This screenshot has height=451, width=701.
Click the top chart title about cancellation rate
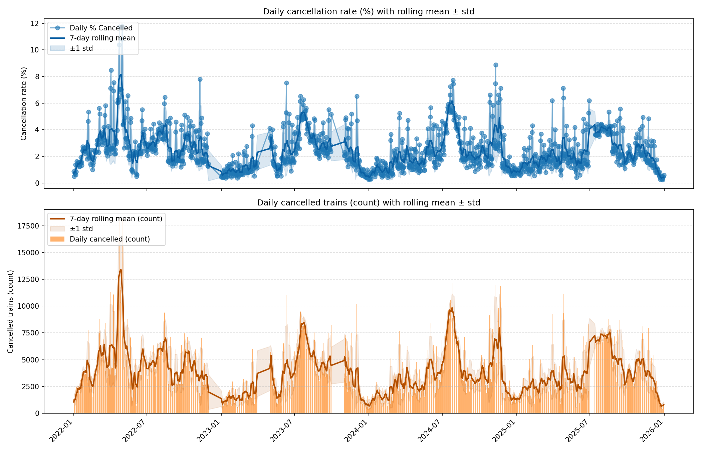pos(369,12)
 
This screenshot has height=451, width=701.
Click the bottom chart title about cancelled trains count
pos(369,203)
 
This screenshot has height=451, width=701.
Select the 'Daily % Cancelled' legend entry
pos(101,28)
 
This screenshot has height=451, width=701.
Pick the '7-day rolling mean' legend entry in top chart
pos(102,38)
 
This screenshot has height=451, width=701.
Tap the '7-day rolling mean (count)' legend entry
pos(116,219)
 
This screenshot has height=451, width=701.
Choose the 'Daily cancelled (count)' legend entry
pos(109,239)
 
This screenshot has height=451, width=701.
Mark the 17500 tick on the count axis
pos(28,226)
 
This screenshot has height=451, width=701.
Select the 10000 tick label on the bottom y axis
pos(28,306)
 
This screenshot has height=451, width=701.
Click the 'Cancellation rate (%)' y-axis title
pos(24,104)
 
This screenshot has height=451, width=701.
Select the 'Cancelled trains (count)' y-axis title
pos(10,311)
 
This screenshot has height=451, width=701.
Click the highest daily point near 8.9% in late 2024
pos(496,65)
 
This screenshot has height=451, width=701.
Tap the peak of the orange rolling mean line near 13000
pos(121,270)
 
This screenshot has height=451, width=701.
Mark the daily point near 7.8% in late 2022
pos(200,80)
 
